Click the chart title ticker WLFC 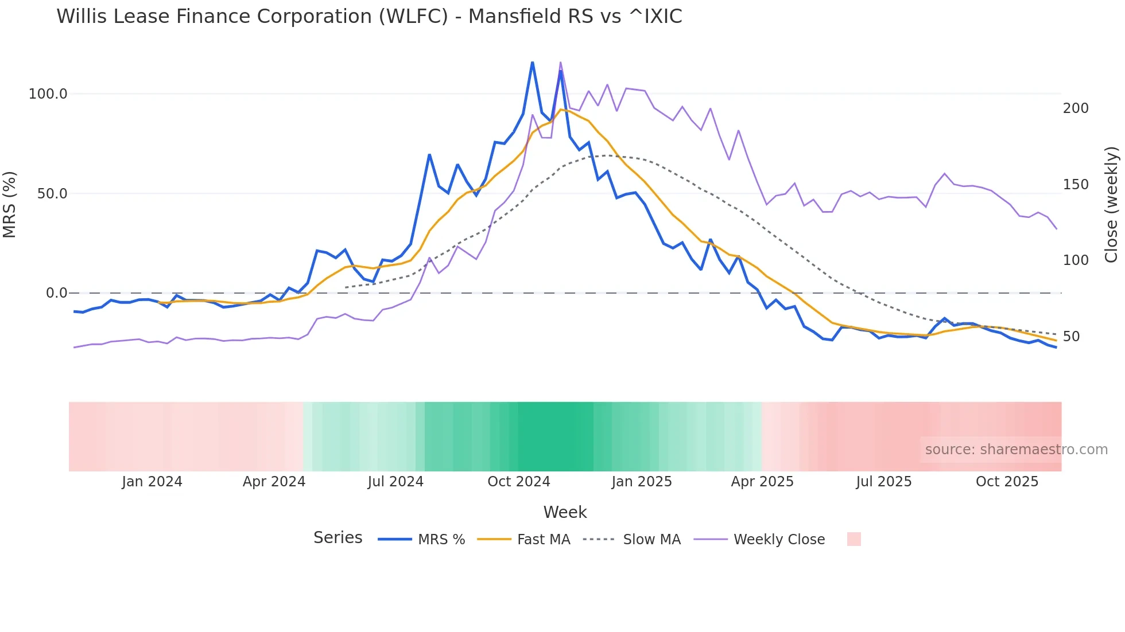pos(413,17)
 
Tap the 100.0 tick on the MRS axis pos(48,94)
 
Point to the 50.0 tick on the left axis pos(52,194)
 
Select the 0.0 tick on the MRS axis pos(56,293)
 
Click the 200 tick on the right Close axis pos(1076,108)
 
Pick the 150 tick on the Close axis pos(1076,185)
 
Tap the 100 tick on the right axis pos(1076,260)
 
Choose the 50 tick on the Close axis pos(1071,337)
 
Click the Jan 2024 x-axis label pos(152,482)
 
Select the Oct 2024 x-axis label pos(519,482)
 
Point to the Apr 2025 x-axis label pos(762,482)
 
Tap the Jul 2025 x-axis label pos(884,482)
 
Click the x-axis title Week pos(565,512)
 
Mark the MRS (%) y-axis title pos(10,204)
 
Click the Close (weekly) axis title pos(1112,204)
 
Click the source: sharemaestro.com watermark pos(1016,450)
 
